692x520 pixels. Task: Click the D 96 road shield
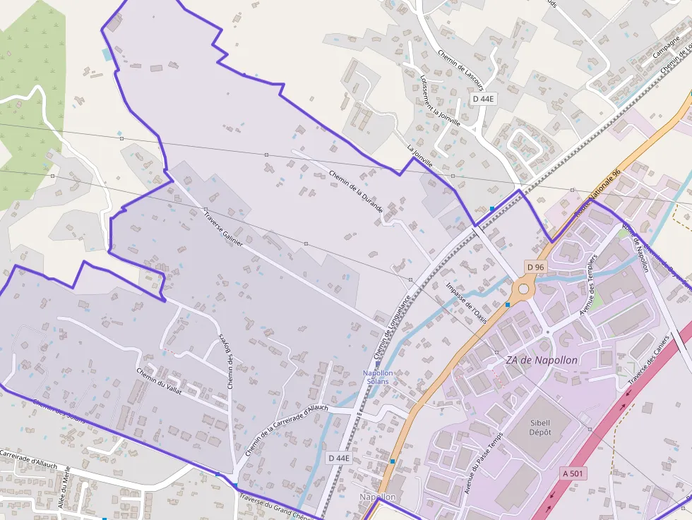(536, 267)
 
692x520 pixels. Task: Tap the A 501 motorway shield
(574, 473)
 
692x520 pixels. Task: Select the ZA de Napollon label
(542, 360)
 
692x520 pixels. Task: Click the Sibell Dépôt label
(540, 427)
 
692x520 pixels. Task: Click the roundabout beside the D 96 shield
(523, 288)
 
